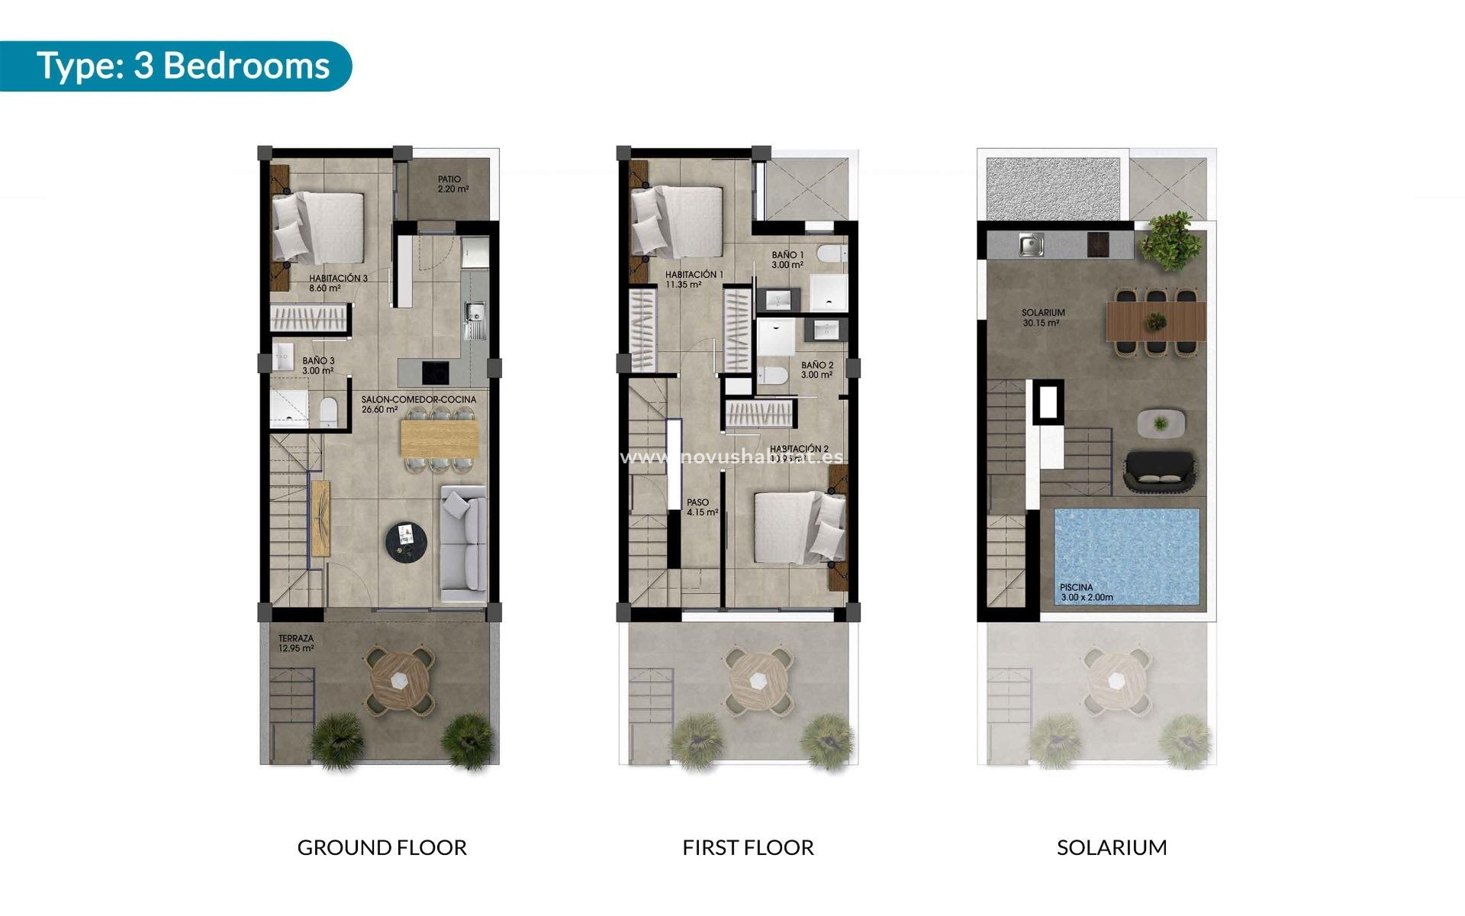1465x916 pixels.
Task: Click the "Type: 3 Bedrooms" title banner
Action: click(183, 66)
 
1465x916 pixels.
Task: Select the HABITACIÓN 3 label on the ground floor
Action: click(338, 283)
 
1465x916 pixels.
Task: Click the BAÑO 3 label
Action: click(317, 366)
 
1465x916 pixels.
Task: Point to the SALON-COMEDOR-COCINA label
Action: click(418, 404)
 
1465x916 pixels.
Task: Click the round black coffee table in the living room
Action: click(406, 542)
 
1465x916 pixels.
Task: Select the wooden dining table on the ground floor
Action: click(439, 439)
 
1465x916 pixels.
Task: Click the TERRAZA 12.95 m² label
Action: click(296, 643)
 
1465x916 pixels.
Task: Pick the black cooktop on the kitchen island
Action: click(436, 373)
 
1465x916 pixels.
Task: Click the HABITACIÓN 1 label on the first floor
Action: click(694, 279)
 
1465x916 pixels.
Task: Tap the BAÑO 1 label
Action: click(787, 260)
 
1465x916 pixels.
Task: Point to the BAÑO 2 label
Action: click(816, 370)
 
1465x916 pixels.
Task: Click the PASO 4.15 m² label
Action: click(701, 508)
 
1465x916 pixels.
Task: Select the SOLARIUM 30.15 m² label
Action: click(1042, 318)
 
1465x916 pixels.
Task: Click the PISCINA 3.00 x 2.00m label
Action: click(1086, 592)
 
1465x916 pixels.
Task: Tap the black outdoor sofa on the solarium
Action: click(1159, 470)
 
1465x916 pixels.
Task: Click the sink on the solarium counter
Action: click(1032, 245)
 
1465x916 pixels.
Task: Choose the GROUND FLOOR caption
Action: click(382, 847)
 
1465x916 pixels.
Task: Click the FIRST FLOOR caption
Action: click(748, 847)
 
